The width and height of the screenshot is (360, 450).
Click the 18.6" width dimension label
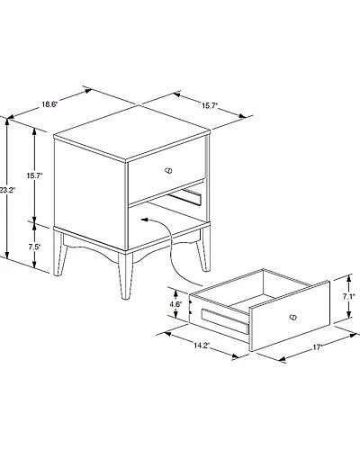49,104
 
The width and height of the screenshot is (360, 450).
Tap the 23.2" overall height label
7,190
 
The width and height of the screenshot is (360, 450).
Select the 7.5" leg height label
34,247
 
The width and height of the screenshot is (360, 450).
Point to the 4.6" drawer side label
175,304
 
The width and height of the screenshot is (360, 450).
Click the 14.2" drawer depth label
201,346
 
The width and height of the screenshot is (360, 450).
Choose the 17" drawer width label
318,347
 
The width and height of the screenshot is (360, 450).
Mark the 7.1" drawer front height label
349,296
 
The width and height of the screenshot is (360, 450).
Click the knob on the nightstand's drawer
168,171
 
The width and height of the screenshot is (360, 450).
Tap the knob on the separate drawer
292,317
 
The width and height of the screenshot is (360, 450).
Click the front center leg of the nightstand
125,275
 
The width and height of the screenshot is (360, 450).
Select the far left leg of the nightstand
59,252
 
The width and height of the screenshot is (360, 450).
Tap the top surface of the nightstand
132,132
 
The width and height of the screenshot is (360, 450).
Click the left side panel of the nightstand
89,193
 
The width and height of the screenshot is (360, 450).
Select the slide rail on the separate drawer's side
226,321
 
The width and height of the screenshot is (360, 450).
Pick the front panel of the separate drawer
290,316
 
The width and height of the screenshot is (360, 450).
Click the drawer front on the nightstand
166,174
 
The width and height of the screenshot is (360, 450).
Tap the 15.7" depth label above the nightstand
210,105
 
